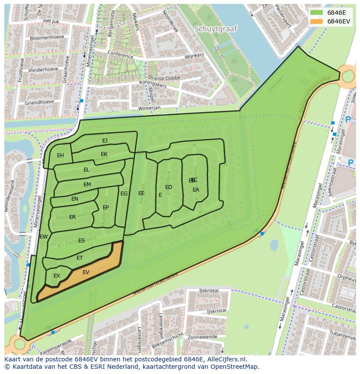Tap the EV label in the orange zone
(86, 272)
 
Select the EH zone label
(60, 156)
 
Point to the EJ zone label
(105, 140)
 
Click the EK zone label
(104, 154)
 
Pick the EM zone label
(87, 185)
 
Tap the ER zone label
(72, 217)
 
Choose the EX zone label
(57, 276)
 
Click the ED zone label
(169, 187)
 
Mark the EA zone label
(196, 190)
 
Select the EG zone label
(124, 194)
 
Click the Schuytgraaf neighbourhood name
(216, 29)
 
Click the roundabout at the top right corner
(349, 77)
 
